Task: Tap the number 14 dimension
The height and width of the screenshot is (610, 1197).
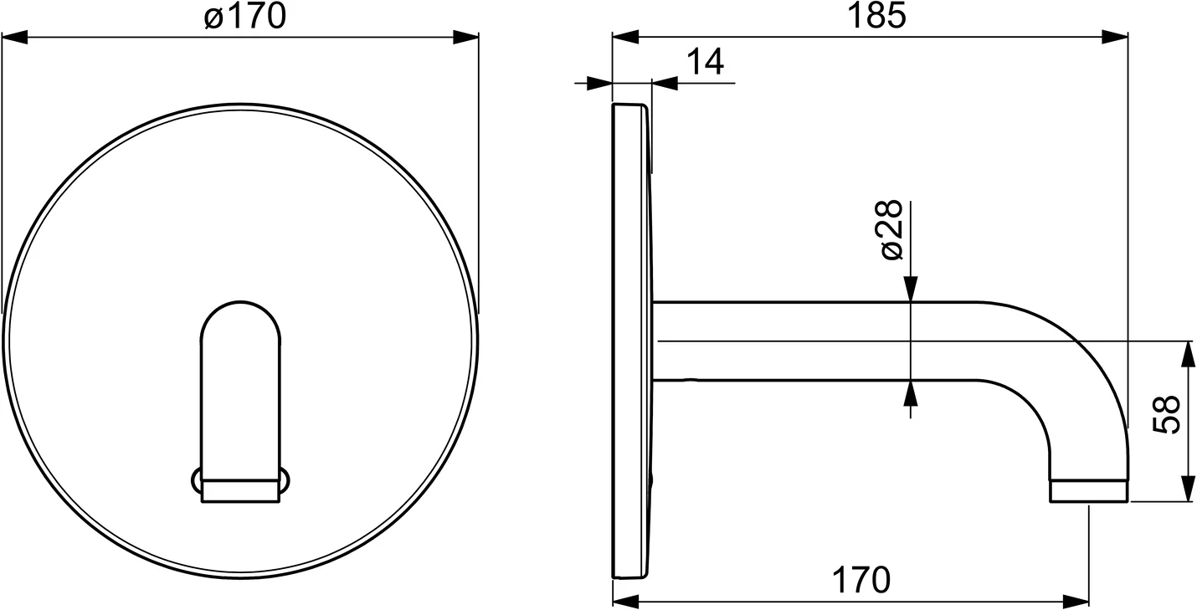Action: pos(705,63)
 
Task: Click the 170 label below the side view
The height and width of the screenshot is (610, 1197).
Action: pos(861,579)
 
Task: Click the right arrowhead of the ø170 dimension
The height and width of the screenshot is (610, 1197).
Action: pos(465,38)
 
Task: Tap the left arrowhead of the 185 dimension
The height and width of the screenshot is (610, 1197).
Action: pos(626,37)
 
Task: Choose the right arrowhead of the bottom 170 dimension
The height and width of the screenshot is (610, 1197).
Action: pos(1076,601)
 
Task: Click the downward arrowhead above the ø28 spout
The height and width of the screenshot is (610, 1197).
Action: pos(911,289)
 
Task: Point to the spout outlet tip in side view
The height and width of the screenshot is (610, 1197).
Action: pos(1088,491)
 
